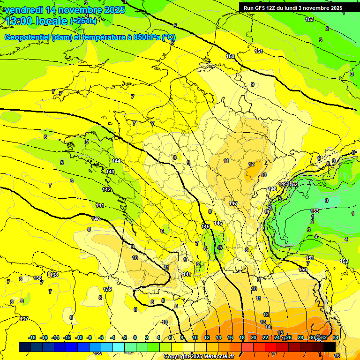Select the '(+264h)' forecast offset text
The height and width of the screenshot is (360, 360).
(83, 21)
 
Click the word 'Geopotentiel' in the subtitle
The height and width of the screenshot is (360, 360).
(28, 37)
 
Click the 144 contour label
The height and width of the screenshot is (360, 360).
(116, 161)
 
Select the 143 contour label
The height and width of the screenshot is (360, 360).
(110, 172)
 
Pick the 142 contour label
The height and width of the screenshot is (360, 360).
(106, 189)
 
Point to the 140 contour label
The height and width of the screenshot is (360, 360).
(96, 219)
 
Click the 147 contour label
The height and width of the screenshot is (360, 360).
(233, 203)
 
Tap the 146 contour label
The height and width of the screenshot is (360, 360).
(218, 223)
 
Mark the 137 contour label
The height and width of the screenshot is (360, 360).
(24, 319)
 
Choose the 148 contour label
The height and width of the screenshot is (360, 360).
(272, 189)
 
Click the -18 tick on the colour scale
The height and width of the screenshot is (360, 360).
(32, 337)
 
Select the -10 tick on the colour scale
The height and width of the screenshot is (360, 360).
(79, 337)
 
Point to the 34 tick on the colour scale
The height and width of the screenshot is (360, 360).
(335, 337)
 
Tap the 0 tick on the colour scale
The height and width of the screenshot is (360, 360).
(135, 337)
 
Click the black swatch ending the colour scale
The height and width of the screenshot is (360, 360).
(330, 346)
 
